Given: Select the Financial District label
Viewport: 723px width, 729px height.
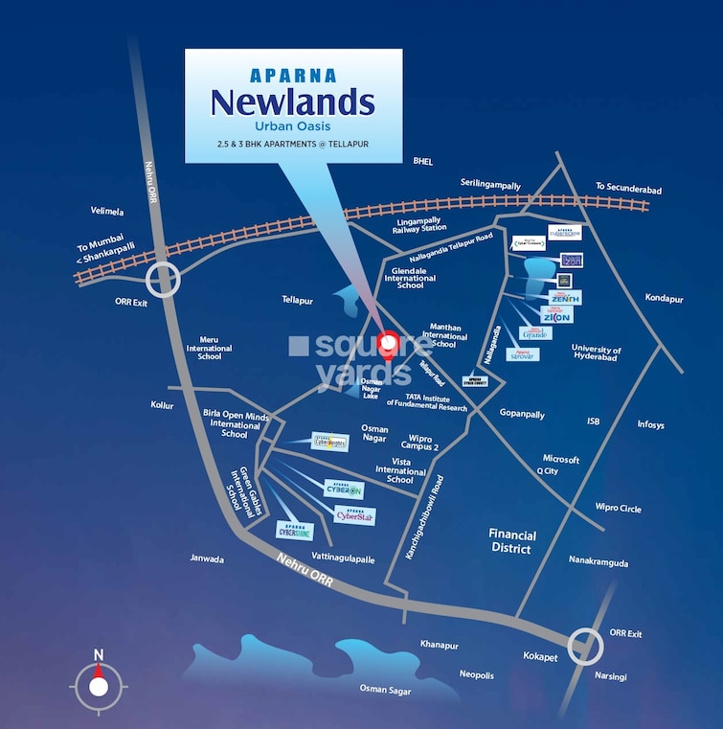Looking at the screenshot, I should (512, 541).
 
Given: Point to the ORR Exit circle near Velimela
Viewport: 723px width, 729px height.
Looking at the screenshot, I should (164, 281).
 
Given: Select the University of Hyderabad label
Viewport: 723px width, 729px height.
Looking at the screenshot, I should (596, 354).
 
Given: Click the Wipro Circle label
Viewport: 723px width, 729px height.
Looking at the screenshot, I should (618, 509).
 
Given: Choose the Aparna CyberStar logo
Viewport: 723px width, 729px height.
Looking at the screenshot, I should (354, 515).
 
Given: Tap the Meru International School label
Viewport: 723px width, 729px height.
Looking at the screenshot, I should (210, 346).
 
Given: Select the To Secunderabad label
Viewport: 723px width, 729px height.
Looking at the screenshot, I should (627, 188).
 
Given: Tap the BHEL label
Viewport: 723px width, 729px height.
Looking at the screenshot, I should (422, 161).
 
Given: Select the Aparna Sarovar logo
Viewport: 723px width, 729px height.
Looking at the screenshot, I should (522, 354).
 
